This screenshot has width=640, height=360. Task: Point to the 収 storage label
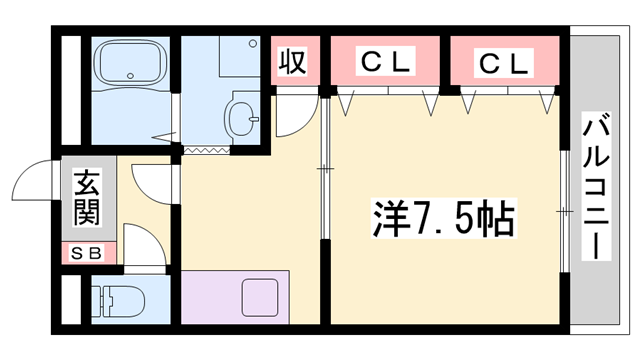click(x=292, y=63)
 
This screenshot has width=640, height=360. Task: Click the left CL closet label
click(x=385, y=62)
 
